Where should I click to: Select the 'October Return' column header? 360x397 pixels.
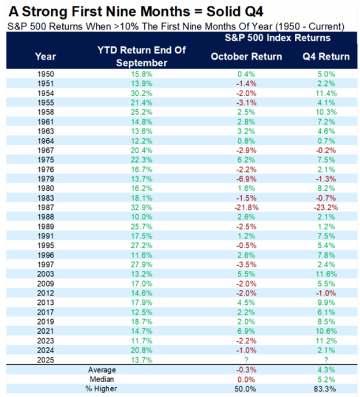click(x=246, y=56)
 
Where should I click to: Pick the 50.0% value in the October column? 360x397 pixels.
click(x=246, y=389)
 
